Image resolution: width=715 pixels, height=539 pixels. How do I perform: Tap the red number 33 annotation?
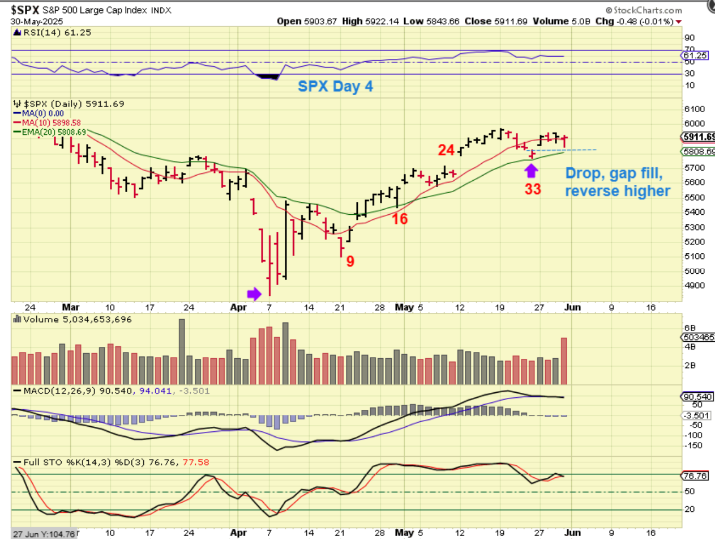click(x=533, y=189)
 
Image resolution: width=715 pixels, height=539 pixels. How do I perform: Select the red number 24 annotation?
click(x=446, y=150)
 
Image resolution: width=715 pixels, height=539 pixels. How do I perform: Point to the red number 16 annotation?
click(x=400, y=219)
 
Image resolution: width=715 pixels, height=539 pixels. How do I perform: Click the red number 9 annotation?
click(x=350, y=261)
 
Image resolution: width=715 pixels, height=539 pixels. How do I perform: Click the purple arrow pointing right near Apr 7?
click(x=254, y=293)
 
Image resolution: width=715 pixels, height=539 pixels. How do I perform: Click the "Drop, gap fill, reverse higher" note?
click(x=616, y=182)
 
